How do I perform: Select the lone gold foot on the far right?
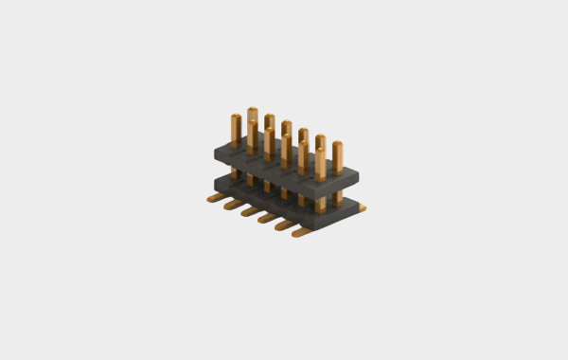tap(363, 208)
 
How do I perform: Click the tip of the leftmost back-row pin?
tap(253, 111)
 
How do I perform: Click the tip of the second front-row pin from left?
tap(253, 125)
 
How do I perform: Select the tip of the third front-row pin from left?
tap(270, 132)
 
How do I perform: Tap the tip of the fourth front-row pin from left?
tap(286, 138)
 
